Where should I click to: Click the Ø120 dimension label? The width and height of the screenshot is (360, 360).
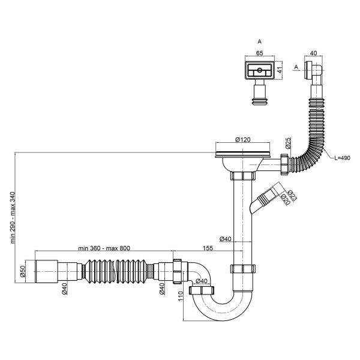click(242, 139)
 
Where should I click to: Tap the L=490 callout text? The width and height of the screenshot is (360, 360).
click(342, 158)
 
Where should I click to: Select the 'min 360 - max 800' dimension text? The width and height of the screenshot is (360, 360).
click(104, 248)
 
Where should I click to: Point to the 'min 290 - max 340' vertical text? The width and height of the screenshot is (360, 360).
click(13, 217)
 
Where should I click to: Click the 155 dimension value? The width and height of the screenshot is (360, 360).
click(208, 248)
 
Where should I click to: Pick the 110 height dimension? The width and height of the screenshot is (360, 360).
click(181, 296)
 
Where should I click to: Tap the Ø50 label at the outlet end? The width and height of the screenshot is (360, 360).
click(23, 272)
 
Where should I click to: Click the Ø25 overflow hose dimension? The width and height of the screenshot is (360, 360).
click(288, 143)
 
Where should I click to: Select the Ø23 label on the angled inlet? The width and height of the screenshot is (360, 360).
click(292, 196)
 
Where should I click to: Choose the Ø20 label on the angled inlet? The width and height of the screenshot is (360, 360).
click(286, 199)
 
